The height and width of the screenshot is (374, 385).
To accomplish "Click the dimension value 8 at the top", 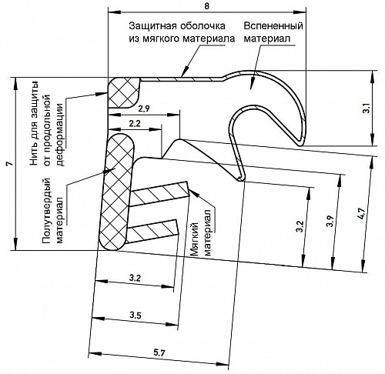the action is click(x=206, y=6).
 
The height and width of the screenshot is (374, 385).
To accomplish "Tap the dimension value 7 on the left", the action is click(x=9, y=164).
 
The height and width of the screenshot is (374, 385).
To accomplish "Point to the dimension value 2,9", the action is click(x=143, y=109).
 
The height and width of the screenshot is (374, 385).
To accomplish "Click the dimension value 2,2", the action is click(x=135, y=124).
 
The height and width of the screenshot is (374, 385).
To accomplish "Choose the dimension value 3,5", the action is click(x=136, y=315).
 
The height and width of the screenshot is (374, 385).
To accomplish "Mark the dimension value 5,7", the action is click(x=159, y=353).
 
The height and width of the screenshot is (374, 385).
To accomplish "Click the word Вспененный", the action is click(x=273, y=26).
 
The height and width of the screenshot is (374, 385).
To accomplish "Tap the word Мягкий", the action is click(x=195, y=239).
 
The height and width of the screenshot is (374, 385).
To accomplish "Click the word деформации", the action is click(x=60, y=135).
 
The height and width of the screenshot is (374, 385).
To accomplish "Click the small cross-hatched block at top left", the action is click(x=124, y=92).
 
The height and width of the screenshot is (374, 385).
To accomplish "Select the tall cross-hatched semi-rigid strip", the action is click(x=117, y=192).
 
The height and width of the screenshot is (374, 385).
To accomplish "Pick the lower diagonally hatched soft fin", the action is click(x=152, y=231).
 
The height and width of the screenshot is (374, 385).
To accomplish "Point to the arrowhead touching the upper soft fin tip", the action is click(x=194, y=192).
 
